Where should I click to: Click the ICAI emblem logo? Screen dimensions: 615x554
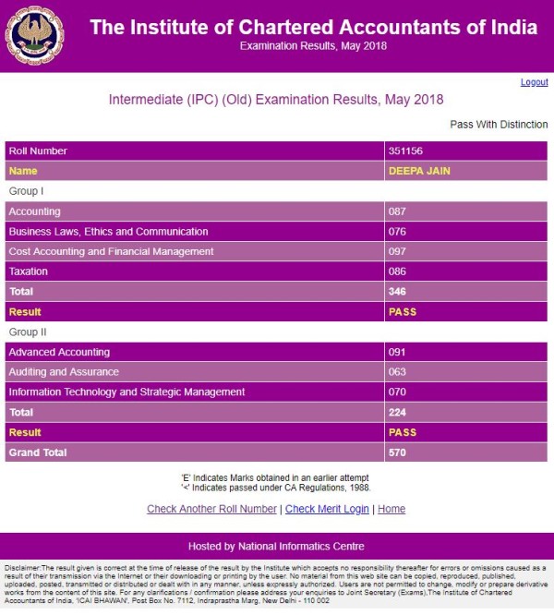pyautogui.click(x=35, y=36)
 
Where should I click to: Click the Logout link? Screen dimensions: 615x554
pyautogui.click(x=534, y=82)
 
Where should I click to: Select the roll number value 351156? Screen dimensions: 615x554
pyautogui.click(x=406, y=151)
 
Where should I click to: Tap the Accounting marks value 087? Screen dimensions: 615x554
pyautogui.click(x=398, y=211)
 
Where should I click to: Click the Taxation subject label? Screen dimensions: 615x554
pyautogui.click(x=28, y=271)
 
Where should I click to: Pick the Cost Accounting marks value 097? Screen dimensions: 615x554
pyautogui.click(x=398, y=251)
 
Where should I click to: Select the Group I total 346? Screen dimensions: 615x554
pyautogui.click(x=398, y=292)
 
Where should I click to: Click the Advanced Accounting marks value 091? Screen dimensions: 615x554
pyautogui.click(x=398, y=352)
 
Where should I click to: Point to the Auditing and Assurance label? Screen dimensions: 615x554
pyautogui.click(x=64, y=372)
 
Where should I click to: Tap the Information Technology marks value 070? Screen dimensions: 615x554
pyautogui.click(x=398, y=392)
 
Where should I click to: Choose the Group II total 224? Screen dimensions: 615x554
pyautogui.click(x=398, y=413)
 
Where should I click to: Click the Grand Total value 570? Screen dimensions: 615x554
pyautogui.click(x=398, y=452)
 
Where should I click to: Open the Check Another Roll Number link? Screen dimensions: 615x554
pyautogui.click(x=211, y=509)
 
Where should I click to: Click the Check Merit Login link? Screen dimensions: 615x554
pyautogui.click(x=327, y=509)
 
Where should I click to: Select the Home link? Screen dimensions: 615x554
pyautogui.click(x=391, y=509)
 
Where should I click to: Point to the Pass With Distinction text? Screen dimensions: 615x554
pyautogui.click(x=499, y=125)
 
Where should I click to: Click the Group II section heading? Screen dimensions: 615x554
pyautogui.click(x=28, y=332)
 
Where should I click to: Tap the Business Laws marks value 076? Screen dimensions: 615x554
pyautogui.click(x=398, y=232)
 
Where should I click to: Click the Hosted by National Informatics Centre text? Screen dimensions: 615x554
pyautogui.click(x=276, y=546)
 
